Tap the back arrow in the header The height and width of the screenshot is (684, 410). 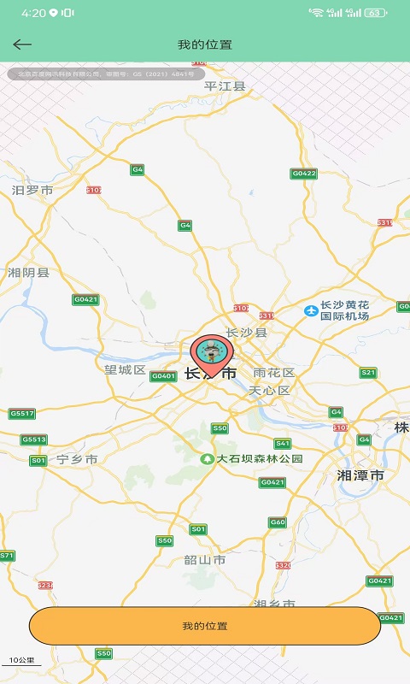22,44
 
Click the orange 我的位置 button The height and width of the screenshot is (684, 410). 205,626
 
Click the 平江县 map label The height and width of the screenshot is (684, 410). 225,85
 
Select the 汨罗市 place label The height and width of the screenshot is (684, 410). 32,190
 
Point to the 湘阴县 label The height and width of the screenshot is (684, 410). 29,273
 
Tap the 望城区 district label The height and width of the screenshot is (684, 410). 125,370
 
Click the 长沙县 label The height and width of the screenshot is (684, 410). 247,332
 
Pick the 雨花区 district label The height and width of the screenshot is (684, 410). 274,373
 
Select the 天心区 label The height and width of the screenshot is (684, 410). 270,391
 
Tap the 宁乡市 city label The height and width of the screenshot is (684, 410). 78,459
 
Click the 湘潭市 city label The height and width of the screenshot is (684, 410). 360,475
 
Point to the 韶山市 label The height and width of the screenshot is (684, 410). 205,560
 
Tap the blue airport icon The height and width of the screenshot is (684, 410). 311,310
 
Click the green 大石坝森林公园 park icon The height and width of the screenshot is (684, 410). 206,459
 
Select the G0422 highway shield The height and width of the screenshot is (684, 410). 304,174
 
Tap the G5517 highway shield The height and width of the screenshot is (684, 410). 22,414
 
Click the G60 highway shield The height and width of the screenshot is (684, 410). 278,522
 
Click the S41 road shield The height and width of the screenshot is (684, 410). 282,443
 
